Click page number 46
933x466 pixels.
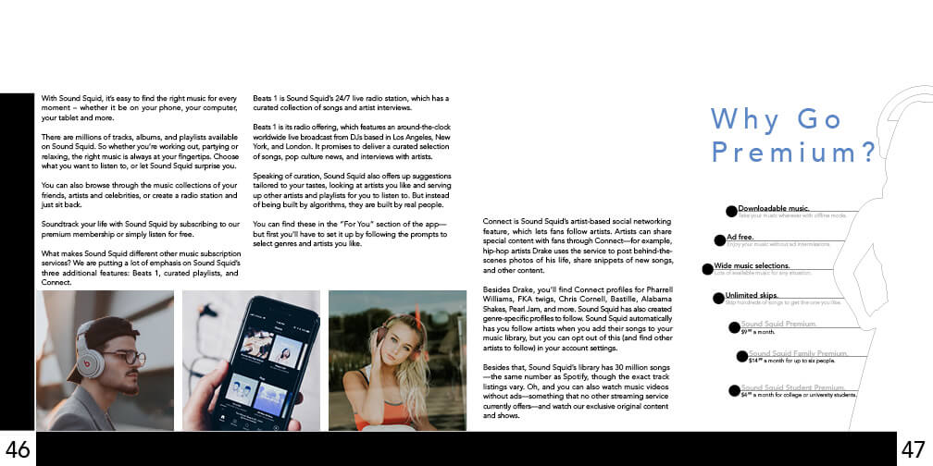(18, 449)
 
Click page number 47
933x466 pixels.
(914, 449)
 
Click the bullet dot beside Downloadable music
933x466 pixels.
(732, 211)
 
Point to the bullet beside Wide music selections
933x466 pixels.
(707, 269)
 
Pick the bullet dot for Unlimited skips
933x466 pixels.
(718, 298)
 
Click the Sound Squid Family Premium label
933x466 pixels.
(798, 353)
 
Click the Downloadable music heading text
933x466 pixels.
(774, 208)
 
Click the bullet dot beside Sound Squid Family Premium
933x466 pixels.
(742, 357)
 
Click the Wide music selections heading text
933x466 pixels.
(751, 266)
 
